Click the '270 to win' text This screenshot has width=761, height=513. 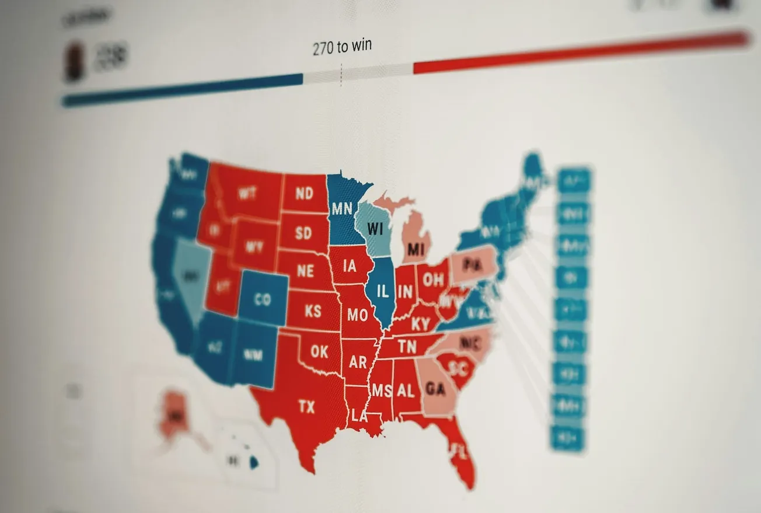coord(342,47)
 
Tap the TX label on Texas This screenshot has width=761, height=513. coord(306,407)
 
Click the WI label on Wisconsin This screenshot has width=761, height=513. coord(375,229)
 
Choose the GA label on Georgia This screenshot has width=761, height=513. coord(436,389)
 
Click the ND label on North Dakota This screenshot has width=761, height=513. coord(304,194)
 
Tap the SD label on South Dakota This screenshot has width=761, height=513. coord(303,233)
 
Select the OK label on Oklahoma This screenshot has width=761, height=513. coord(319,351)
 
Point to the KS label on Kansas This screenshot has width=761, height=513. coord(313,310)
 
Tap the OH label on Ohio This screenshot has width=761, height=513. coord(433,280)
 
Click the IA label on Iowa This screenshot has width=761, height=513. coord(350,266)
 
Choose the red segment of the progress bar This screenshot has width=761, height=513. coord(578,53)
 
